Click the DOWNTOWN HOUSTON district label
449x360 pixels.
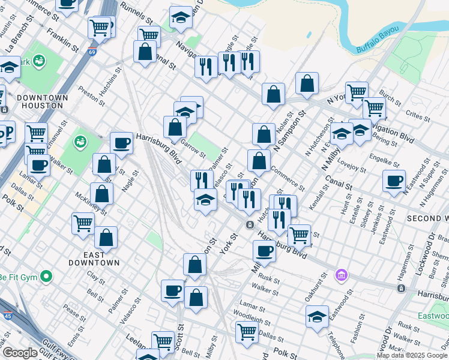pos(40,101)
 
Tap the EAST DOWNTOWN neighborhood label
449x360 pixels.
pos(93,258)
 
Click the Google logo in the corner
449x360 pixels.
pos(20,353)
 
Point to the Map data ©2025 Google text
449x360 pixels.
pos(412,355)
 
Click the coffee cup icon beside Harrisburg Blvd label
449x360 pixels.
pos(121,143)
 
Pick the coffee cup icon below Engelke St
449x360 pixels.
pos(394,181)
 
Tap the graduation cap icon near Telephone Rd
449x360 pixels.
pos(317,316)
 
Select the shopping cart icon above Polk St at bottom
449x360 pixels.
pos(247,331)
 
